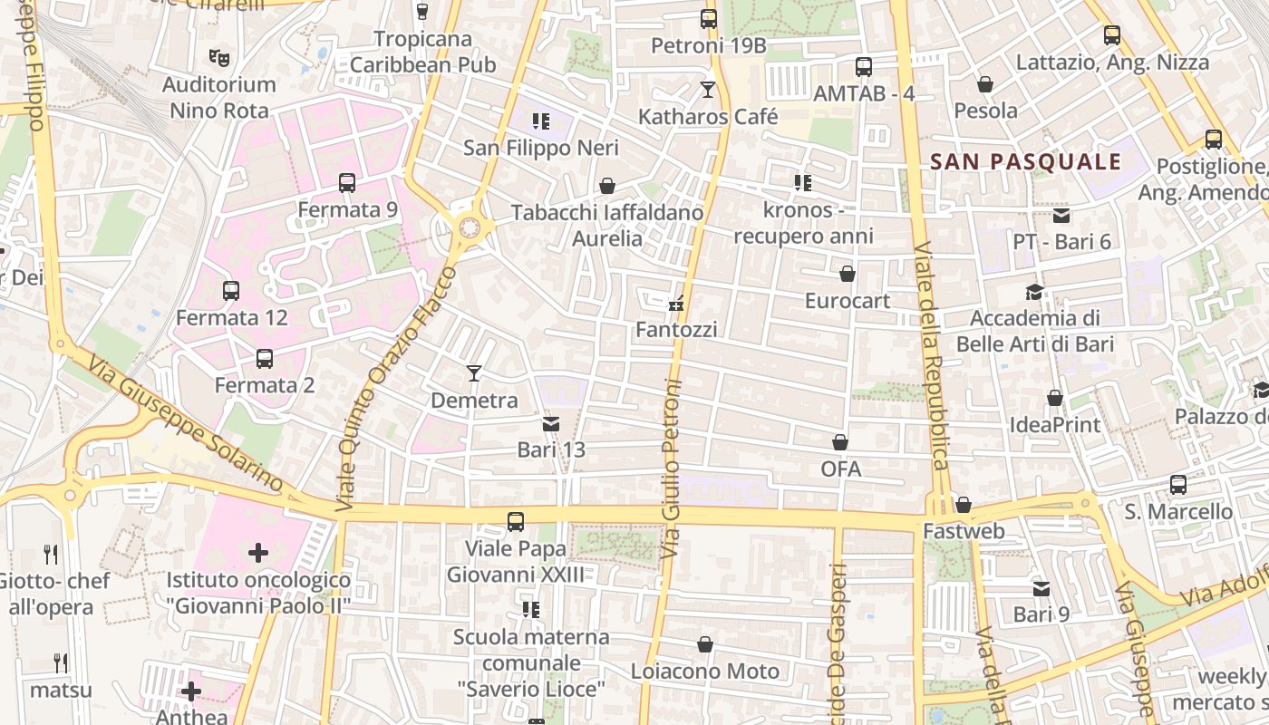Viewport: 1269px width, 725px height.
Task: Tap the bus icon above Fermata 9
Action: [347, 182]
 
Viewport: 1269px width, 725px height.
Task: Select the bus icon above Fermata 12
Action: [231, 291]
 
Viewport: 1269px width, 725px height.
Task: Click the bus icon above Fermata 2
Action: [265, 358]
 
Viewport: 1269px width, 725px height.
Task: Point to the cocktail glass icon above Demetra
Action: [473, 372]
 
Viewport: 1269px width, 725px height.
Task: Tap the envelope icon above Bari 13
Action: [551, 423]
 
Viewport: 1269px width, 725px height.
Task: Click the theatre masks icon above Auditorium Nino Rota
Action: [218, 58]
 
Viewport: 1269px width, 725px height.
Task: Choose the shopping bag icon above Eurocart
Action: [848, 274]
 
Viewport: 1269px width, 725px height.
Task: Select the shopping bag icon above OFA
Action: [840, 442]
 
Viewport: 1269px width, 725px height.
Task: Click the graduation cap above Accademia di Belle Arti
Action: [1034, 292]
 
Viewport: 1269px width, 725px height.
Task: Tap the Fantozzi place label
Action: [676, 330]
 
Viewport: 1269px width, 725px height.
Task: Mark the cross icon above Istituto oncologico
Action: [258, 552]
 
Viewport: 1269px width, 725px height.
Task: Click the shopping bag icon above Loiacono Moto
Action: [705, 644]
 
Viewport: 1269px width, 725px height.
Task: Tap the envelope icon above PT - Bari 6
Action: [1061, 216]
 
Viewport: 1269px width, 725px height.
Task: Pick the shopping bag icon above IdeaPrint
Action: [1055, 398]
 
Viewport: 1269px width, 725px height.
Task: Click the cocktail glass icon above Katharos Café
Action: [708, 89]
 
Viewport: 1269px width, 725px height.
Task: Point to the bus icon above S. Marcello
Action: [1178, 485]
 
